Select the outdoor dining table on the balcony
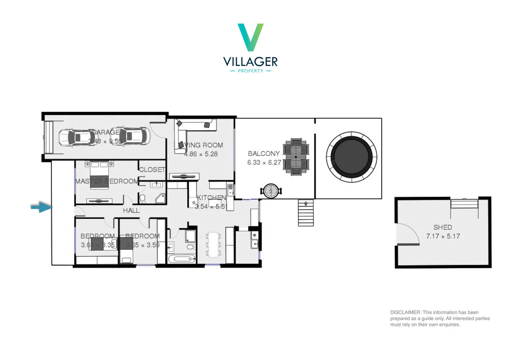point(296,157)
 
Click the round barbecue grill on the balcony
point(271,191)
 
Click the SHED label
point(442,227)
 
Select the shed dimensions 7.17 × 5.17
point(443,236)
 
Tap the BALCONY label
point(263,154)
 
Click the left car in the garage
point(74,137)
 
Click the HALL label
point(131,211)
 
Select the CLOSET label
point(152,170)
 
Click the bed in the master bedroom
point(99,175)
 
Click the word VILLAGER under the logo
point(250,62)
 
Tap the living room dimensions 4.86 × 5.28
point(201,154)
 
